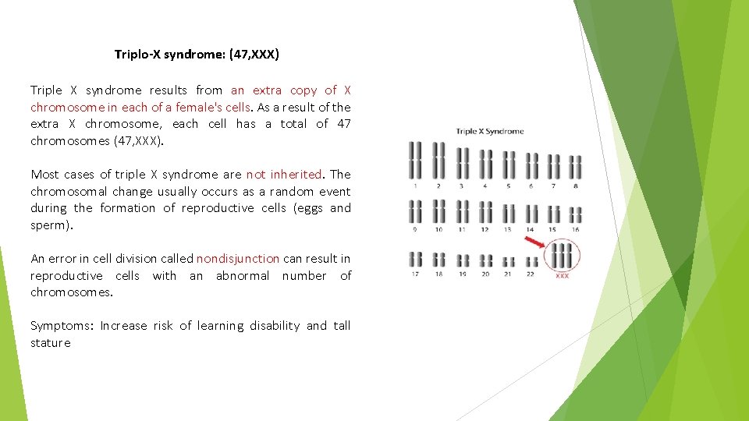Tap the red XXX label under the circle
coord(562,276)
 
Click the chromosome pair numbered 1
coord(415,161)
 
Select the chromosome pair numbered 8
coord(576,166)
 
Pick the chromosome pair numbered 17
coord(415,259)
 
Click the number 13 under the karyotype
coord(507,230)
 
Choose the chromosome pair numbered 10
coord(438,211)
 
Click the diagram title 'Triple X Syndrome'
coord(490,132)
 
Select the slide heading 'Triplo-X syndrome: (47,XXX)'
coord(197,55)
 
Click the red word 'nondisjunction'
coord(238,258)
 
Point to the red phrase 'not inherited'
coord(284,174)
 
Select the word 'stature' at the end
coord(51,342)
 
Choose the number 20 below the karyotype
coord(485,274)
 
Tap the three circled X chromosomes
coord(562,255)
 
